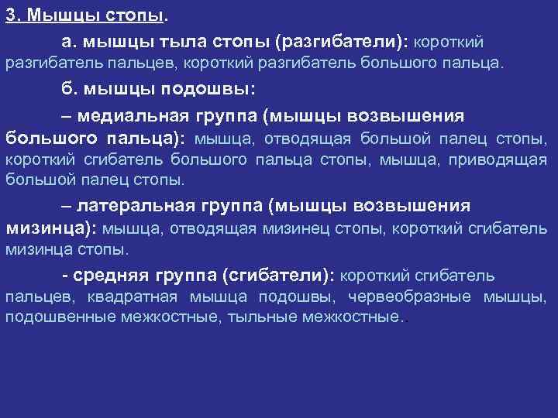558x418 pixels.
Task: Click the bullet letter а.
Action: pos(68,40)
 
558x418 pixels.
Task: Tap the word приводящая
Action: pos(508,160)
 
